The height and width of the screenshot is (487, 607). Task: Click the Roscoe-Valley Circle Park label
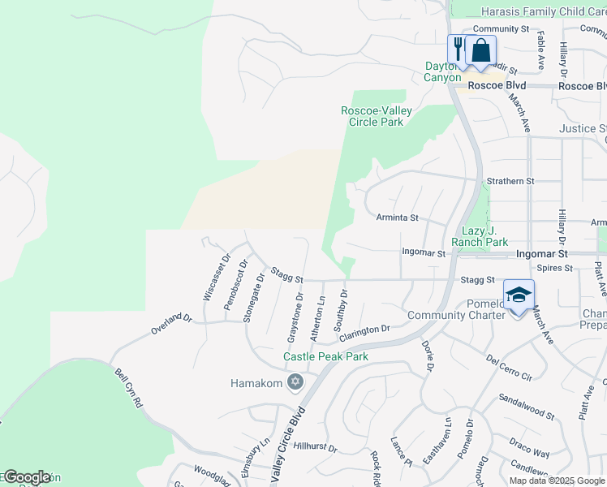(x=376, y=116)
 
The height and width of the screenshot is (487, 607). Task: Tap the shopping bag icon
(x=481, y=50)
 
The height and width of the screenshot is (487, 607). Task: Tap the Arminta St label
(x=397, y=218)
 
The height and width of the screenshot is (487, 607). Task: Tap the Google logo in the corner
(x=26, y=477)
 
